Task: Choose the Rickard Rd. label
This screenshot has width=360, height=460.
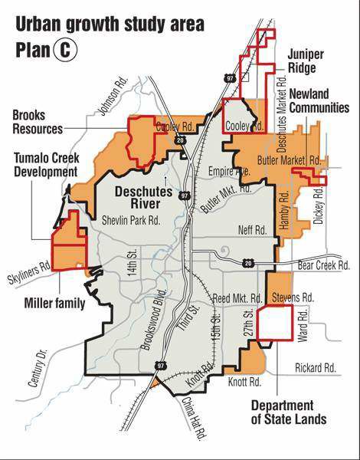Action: (x=315, y=369)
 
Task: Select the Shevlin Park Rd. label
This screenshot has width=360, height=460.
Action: (x=130, y=221)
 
